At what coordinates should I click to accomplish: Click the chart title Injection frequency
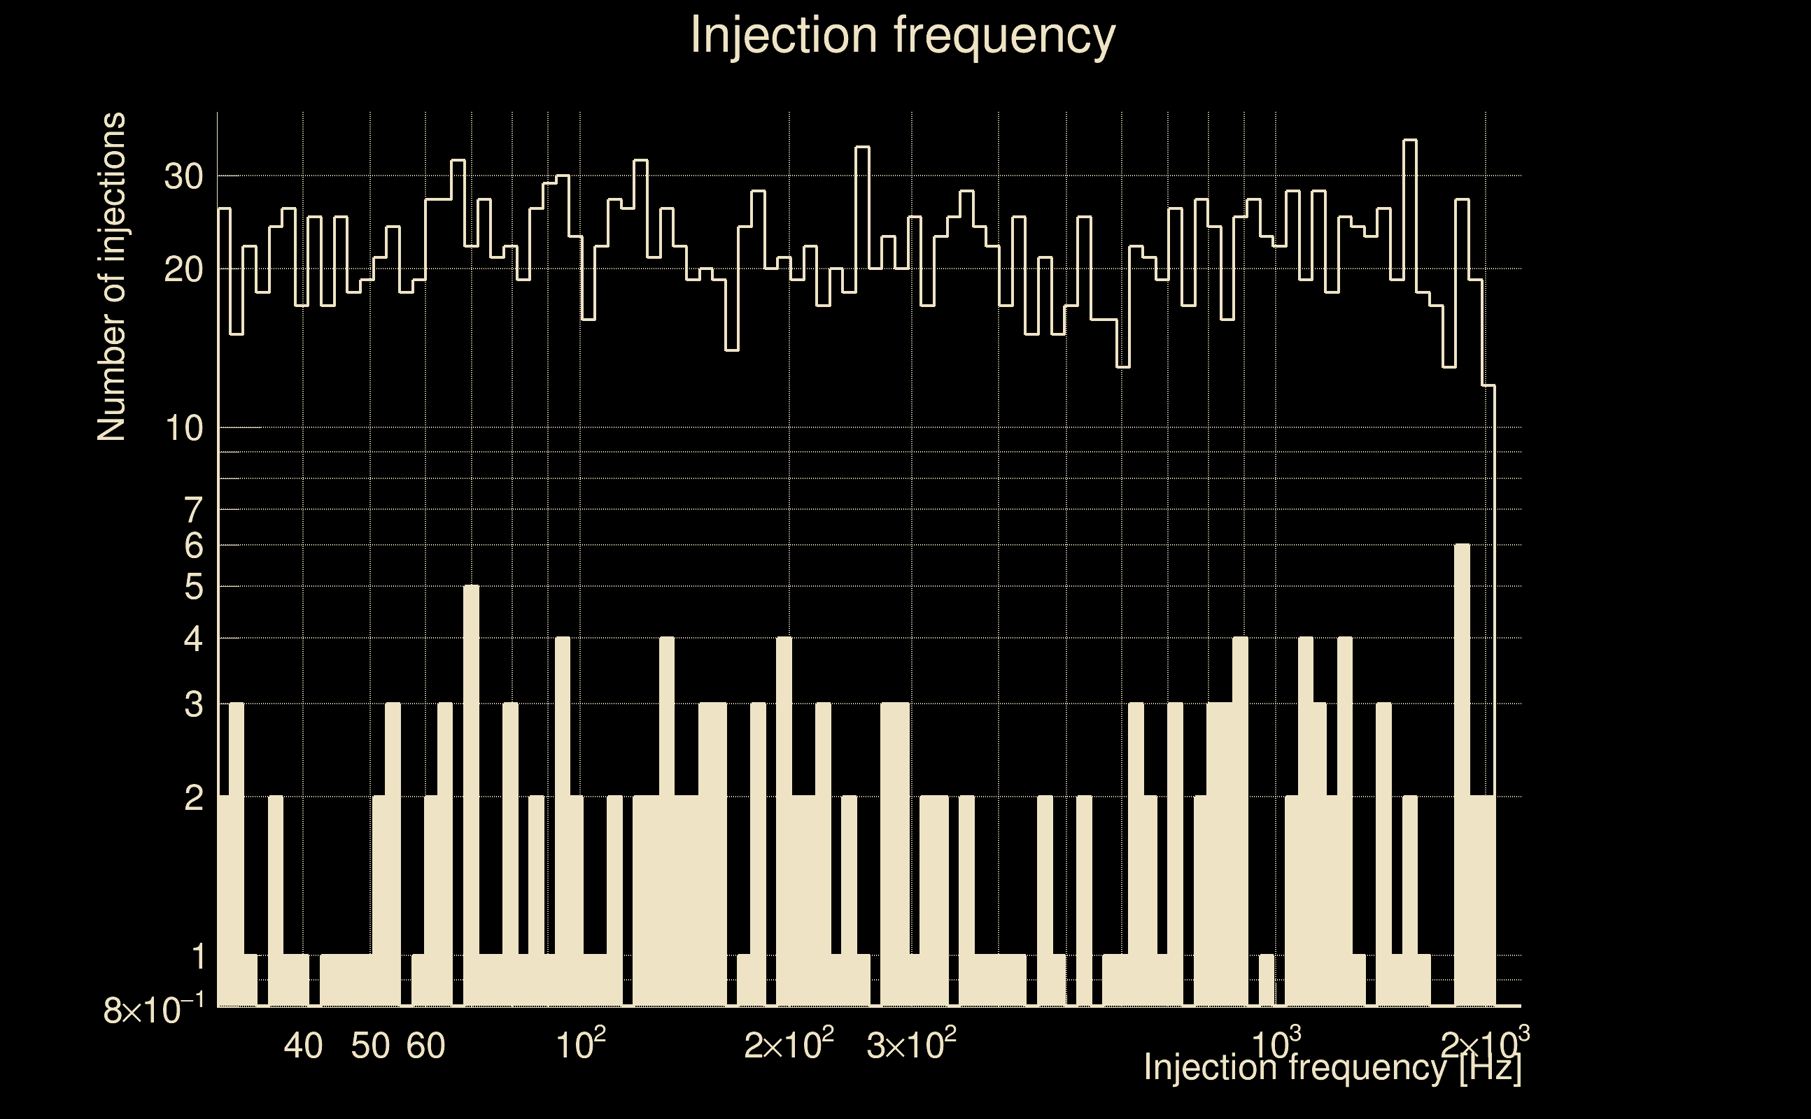coord(903,36)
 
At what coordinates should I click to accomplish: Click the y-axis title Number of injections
coord(111,277)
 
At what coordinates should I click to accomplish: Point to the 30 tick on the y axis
coord(183,177)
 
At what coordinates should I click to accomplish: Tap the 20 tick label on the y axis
coord(183,270)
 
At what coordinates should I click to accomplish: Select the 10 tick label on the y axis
coord(183,429)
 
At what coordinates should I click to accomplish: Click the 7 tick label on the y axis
coord(193,511)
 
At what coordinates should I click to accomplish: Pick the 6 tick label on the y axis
coord(193,546)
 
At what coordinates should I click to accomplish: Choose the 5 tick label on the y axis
coord(193,587)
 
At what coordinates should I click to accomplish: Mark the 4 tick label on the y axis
coord(193,639)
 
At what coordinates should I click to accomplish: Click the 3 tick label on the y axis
coord(193,704)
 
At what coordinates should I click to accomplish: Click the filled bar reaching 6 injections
coord(1463,777)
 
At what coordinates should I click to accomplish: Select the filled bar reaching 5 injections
coord(471,799)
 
